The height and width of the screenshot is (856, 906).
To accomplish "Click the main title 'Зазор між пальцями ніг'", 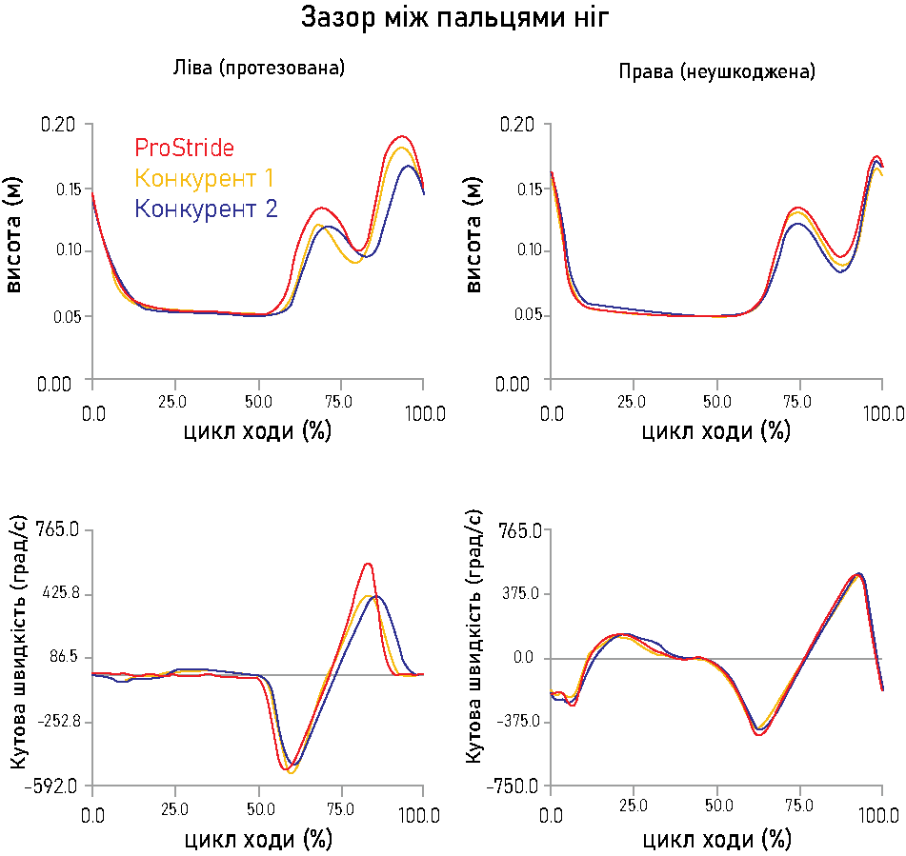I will [454, 18].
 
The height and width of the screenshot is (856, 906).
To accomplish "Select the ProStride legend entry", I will [184, 149].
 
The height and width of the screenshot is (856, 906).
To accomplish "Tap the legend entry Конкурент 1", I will [205, 178].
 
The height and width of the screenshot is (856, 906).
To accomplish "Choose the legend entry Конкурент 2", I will [206, 209].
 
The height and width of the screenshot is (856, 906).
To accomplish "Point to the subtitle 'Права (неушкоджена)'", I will [716, 71].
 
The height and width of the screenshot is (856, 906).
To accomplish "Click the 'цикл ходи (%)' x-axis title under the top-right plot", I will [715, 431].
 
